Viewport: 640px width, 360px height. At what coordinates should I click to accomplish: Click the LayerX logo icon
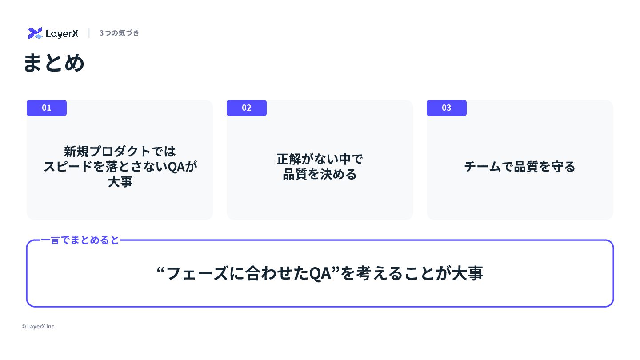(35, 33)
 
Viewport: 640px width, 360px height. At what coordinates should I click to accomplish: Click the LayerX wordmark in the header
(62, 34)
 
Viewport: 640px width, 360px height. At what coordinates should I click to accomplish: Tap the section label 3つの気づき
(119, 33)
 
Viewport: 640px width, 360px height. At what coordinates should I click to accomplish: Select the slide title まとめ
(54, 63)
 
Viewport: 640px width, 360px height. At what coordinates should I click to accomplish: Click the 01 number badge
(47, 108)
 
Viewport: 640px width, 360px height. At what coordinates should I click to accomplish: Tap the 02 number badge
(247, 108)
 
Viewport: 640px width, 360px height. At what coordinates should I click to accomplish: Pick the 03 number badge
(447, 108)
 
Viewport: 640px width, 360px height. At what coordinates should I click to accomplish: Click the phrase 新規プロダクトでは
(120, 152)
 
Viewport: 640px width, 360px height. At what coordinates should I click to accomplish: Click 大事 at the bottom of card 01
(120, 182)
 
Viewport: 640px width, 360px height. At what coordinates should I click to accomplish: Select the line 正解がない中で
(320, 159)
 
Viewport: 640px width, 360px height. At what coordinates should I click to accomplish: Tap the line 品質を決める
(320, 174)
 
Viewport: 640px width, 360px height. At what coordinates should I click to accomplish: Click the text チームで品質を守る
(520, 167)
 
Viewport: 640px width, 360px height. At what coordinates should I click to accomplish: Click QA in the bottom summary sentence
(320, 273)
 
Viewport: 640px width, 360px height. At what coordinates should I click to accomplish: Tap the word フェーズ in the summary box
(197, 273)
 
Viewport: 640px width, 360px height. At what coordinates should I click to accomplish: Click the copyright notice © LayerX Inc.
(39, 327)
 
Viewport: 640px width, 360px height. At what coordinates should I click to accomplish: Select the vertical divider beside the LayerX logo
(89, 33)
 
